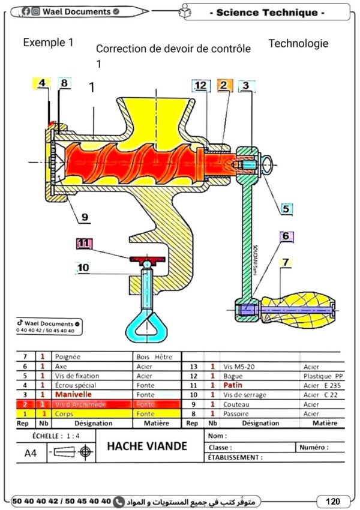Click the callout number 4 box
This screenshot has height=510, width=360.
pyautogui.click(x=41, y=84)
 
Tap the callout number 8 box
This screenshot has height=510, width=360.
pyautogui.click(x=65, y=84)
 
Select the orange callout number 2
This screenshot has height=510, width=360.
pyautogui.click(x=224, y=86)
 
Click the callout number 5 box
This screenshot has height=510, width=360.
pyautogui.click(x=286, y=209)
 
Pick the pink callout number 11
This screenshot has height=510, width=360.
pyautogui.click(x=85, y=244)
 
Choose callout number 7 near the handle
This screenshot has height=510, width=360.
pyautogui.click(x=286, y=262)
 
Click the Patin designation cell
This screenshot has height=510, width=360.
pyautogui.click(x=235, y=385)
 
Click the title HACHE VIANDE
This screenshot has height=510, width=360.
pyautogui.click(x=147, y=446)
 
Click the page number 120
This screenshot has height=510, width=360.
pyautogui.click(x=333, y=501)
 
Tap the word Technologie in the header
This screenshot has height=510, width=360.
pyautogui.click(x=298, y=43)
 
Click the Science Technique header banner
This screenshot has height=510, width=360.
pyautogui.click(x=270, y=13)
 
